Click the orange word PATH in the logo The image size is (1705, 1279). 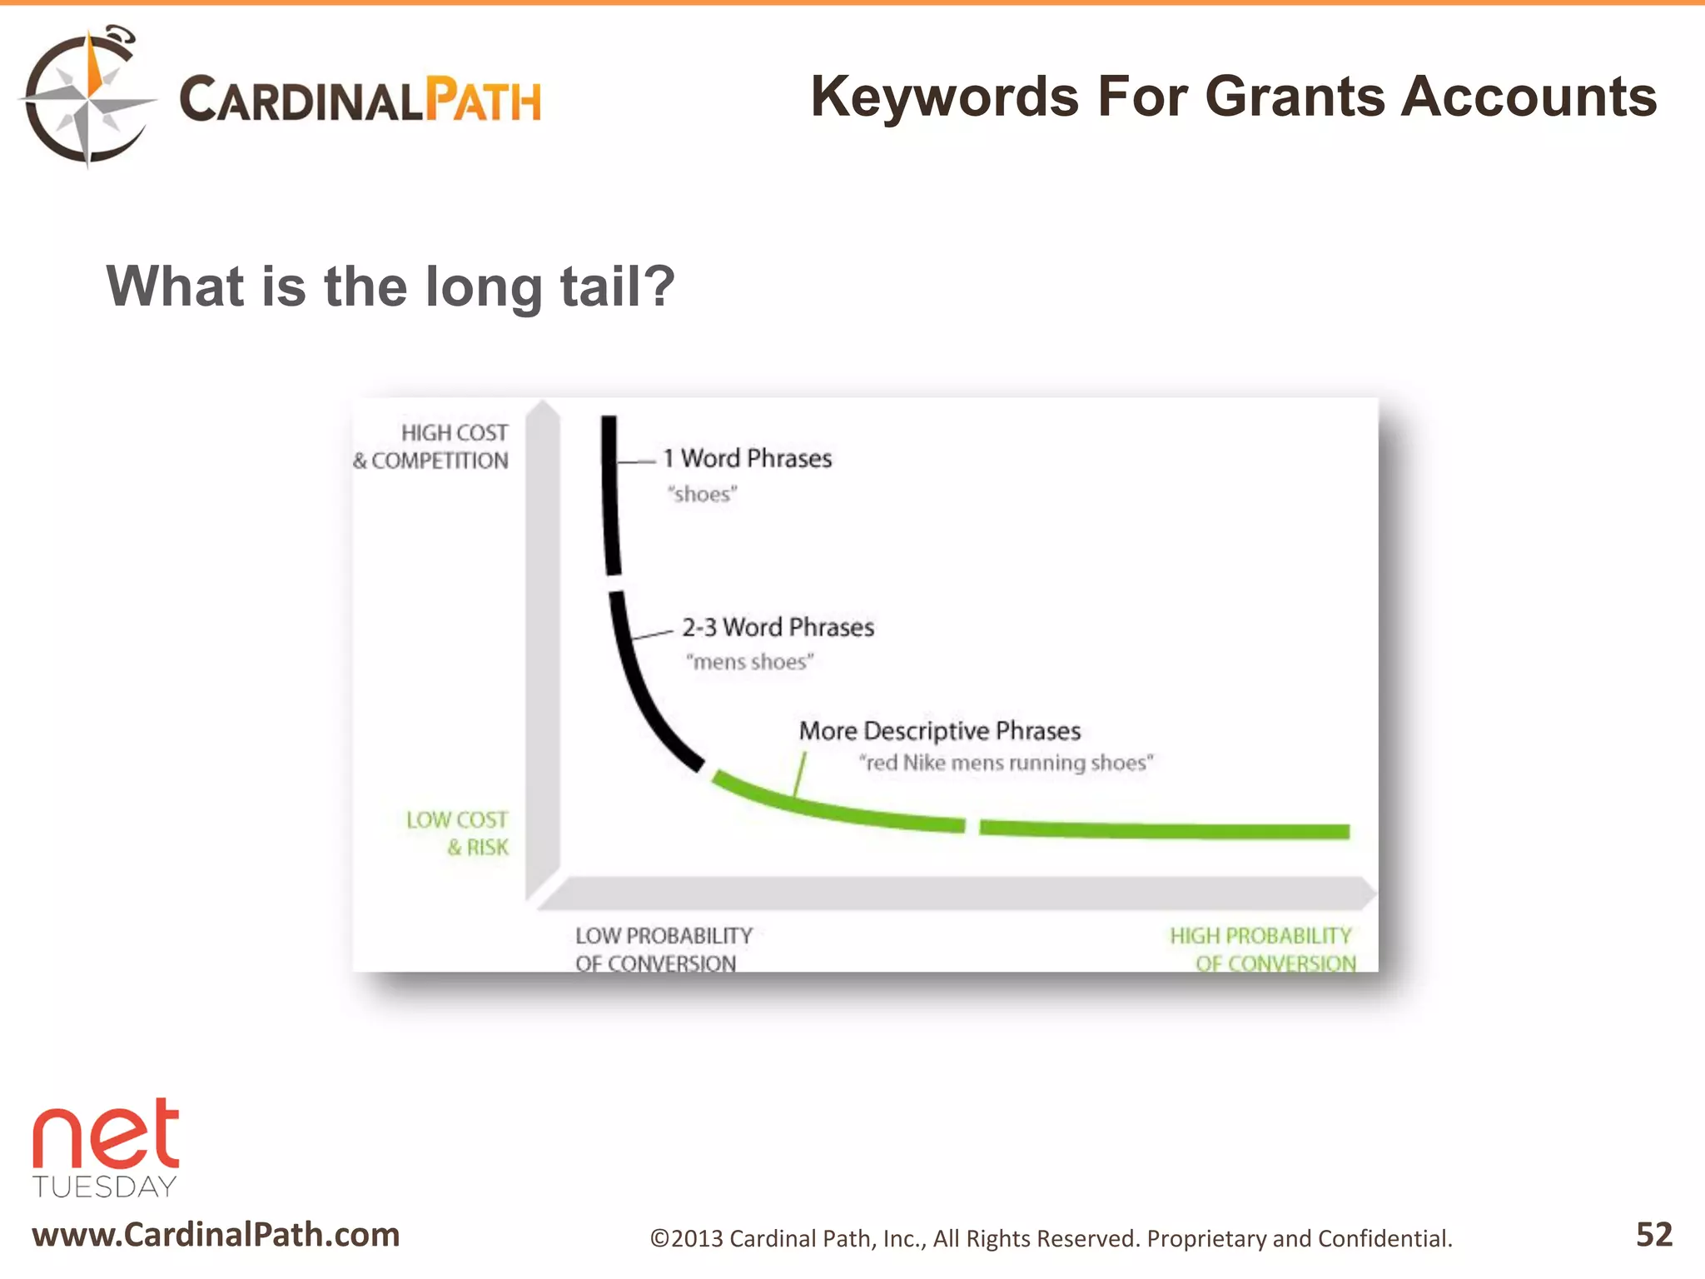coord(483,100)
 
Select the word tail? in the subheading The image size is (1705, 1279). coord(617,286)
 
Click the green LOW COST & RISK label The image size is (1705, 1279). coord(458,833)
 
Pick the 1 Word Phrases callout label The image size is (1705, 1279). coord(748,459)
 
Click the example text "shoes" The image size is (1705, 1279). coord(702,495)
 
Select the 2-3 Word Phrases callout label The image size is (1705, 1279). coord(778,627)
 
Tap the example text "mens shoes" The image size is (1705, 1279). coord(749,662)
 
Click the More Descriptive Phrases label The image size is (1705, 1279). coord(939,731)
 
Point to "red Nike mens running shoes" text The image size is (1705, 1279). coord(1007,763)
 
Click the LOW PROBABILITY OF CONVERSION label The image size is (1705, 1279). coord(663,949)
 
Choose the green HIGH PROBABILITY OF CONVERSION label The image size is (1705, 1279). coord(1262,949)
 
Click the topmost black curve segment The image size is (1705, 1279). coord(611,495)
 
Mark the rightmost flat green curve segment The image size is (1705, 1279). coord(1164,829)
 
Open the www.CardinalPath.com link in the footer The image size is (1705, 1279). coord(216,1234)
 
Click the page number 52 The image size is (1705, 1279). coord(1653,1234)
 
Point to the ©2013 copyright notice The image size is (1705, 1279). coord(1051,1238)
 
